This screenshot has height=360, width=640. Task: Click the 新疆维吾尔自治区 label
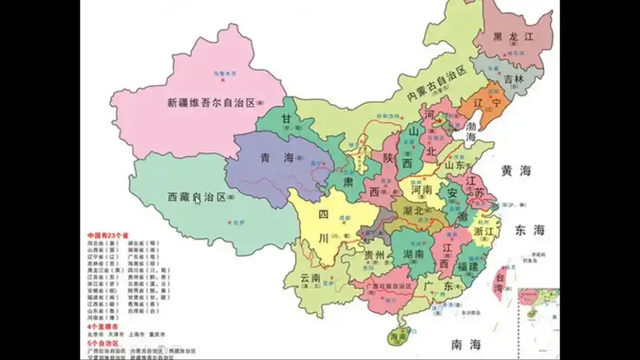(211, 103)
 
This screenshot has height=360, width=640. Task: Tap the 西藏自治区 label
(197, 196)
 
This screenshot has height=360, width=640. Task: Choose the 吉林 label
(513, 78)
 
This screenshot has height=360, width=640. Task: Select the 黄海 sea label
(516, 171)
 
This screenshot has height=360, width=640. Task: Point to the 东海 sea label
(530, 230)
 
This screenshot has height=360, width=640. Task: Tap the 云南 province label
(310, 278)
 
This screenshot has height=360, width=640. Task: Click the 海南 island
(398, 336)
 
